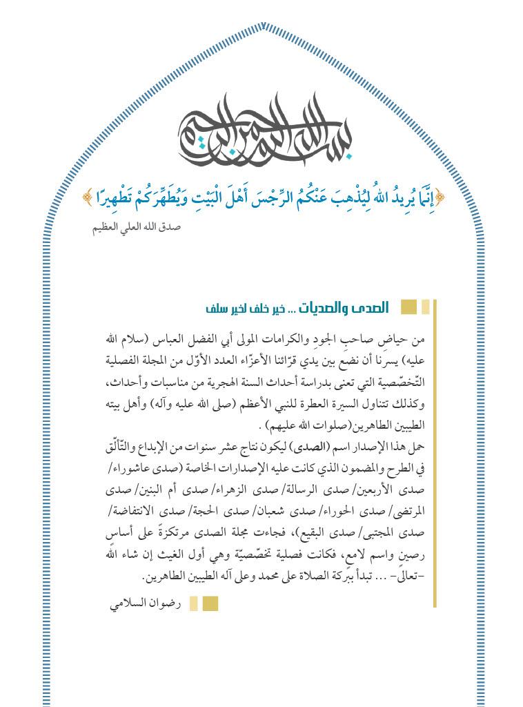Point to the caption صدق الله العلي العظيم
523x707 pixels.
tap(137, 226)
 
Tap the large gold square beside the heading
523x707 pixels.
tap(408, 307)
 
